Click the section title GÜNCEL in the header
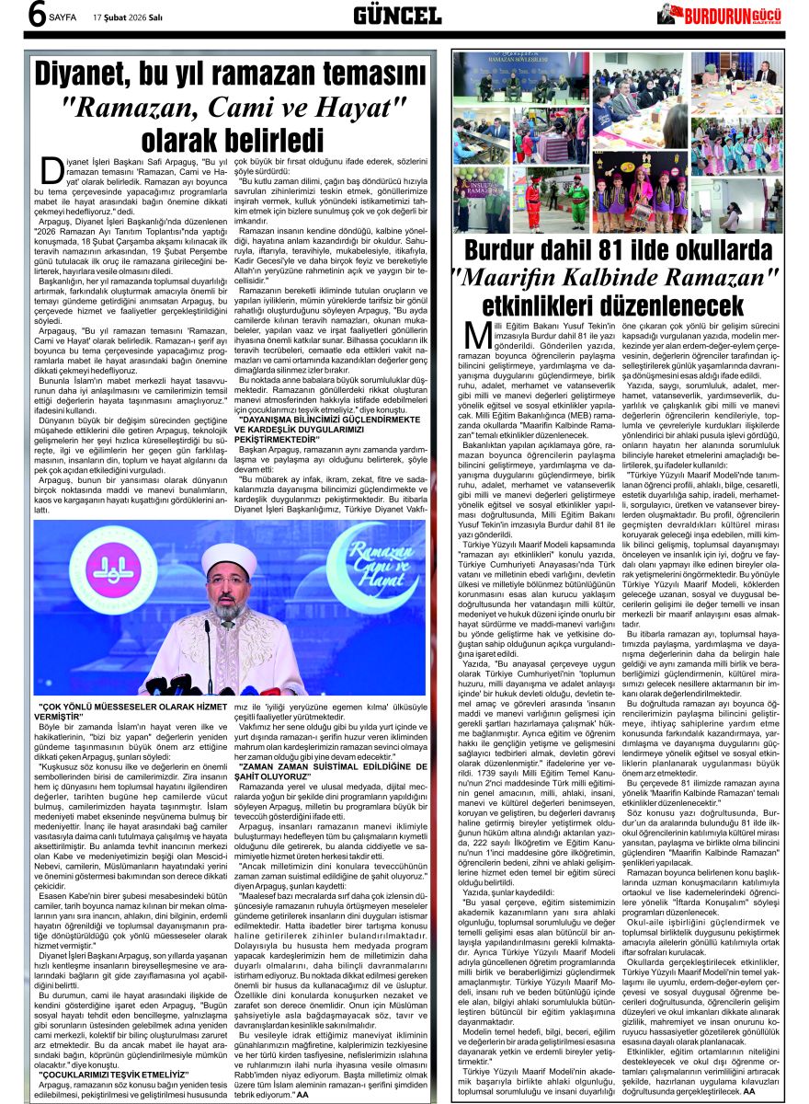[x=397, y=16]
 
